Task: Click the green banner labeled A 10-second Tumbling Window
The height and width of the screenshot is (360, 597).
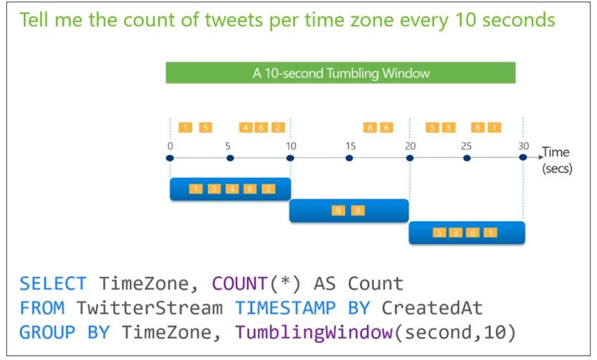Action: tap(340, 72)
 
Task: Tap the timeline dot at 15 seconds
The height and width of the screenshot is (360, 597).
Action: tap(349, 158)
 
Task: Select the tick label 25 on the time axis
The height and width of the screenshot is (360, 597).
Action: tap(466, 146)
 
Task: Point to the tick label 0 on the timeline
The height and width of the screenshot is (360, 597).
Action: tap(170, 146)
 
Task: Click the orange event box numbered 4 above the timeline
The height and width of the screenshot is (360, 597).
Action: tap(246, 128)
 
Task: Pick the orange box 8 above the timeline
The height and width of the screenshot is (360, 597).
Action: tap(370, 128)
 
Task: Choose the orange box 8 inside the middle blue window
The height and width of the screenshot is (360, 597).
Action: tap(338, 211)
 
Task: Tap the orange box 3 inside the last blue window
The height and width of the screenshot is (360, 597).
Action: tap(456, 232)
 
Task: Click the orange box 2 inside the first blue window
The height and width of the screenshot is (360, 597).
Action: tap(269, 189)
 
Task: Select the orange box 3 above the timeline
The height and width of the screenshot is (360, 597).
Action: tap(449, 128)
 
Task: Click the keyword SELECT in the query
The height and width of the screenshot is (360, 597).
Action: tap(53, 284)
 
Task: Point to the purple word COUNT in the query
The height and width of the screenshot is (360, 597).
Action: tap(239, 284)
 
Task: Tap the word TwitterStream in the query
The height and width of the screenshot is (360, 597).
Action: tap(150, 308)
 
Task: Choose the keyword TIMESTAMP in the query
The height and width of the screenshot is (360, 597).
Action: tap(285, 308)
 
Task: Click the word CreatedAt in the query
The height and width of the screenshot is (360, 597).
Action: tap(432, 308)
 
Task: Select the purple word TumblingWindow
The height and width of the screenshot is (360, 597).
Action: tap(314, 332)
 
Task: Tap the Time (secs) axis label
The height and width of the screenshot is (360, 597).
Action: tap(557, 160)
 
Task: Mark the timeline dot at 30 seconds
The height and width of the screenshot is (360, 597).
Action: tap(523, 157)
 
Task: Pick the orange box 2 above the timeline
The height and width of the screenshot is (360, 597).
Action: tap(278, 128)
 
